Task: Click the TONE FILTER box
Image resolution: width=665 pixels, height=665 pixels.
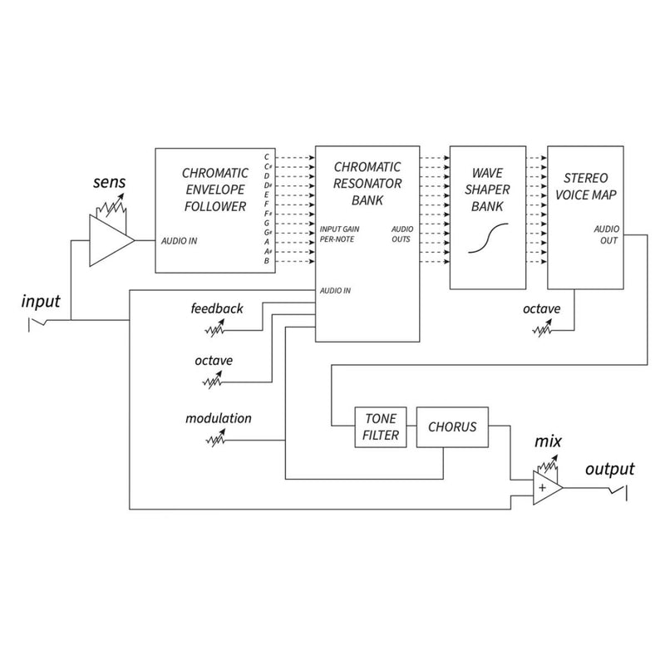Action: click(381, 427)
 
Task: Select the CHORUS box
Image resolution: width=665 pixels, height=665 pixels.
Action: click(452, 427)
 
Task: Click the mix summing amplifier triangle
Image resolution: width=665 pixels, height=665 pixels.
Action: click(548, 488)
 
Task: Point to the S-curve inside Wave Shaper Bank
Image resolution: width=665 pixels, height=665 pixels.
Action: click(488, 238)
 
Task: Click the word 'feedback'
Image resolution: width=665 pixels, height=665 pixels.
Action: click(217, 308)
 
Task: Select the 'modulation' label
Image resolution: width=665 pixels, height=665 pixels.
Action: click(219, 419)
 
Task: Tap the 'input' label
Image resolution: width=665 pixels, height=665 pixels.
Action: click(41, 302)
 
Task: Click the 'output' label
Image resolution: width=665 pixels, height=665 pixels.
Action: click(610, 469)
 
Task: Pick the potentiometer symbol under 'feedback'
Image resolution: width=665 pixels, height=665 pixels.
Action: click(215, 329)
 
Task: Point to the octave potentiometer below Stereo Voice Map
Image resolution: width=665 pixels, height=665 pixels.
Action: click(543, 329)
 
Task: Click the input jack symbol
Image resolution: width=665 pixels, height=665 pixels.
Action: click(37, 324)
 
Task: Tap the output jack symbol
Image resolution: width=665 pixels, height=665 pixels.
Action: click(618, 493)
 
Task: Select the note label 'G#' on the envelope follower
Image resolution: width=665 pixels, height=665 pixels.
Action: click(268, 233)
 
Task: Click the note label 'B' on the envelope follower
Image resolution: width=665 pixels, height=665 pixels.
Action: click(266, 261)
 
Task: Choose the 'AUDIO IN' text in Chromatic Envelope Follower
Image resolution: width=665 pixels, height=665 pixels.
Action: click(179, 241)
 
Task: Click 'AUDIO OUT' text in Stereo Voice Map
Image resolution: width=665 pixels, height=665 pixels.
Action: click(607, 234)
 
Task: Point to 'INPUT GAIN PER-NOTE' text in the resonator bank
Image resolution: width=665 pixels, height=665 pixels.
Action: click(339, 234)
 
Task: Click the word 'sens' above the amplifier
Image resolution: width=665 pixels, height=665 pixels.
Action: click(110, 182)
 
